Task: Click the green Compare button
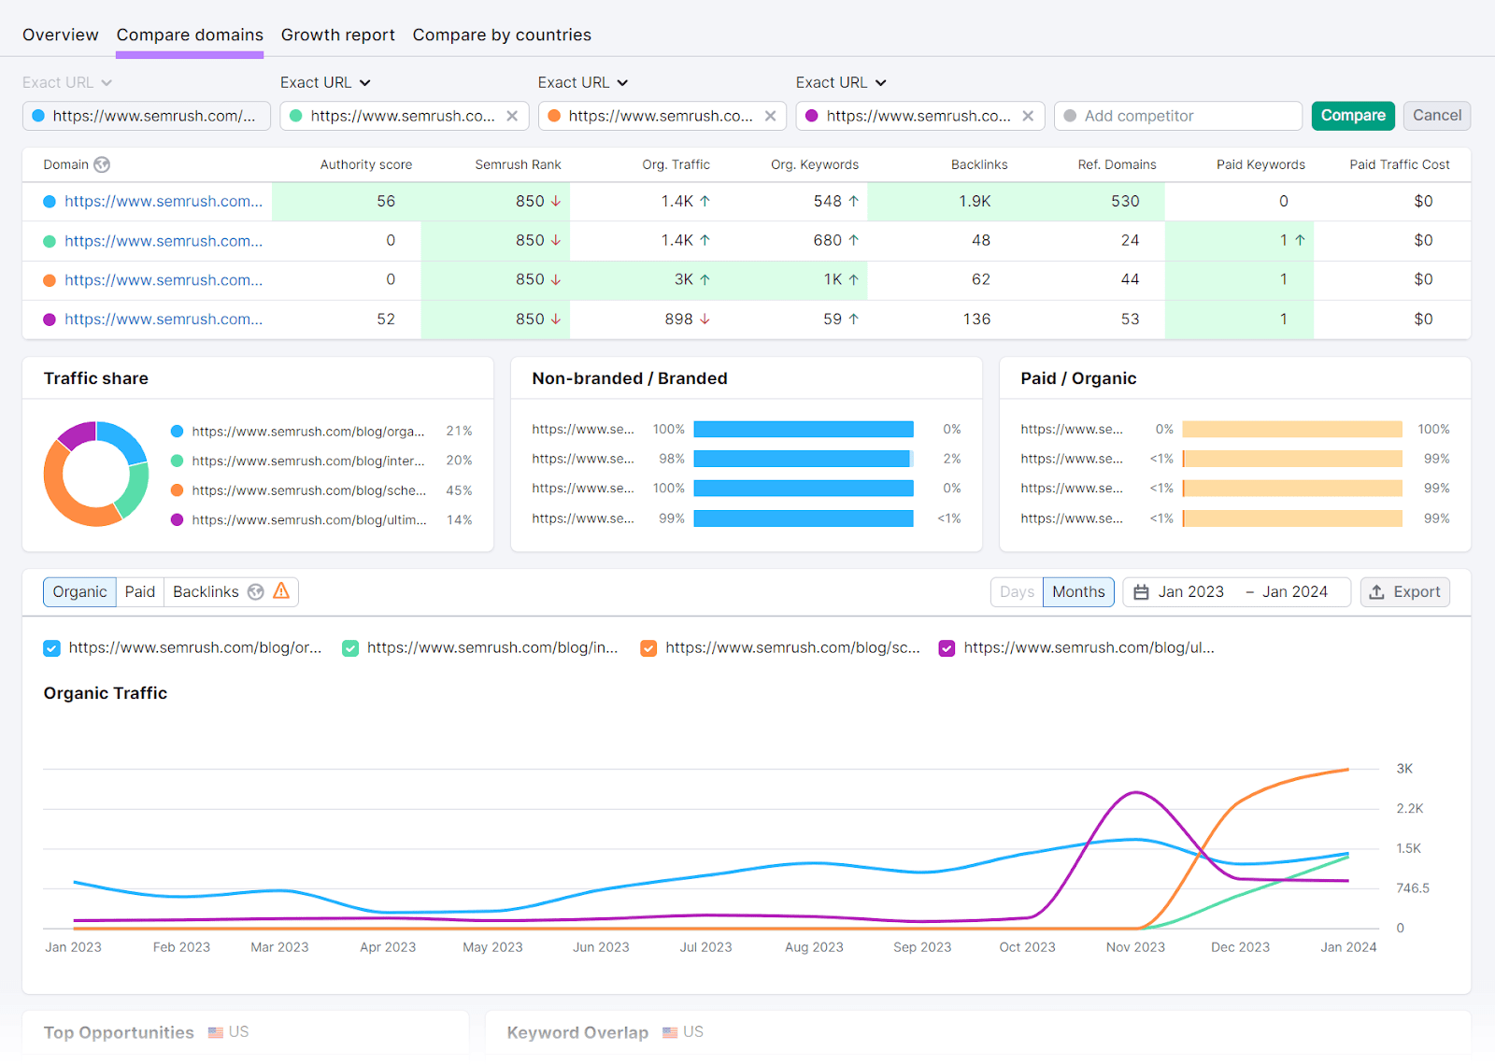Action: point(1352,116)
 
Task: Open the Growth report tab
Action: point(337,35)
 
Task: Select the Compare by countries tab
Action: point(502,35)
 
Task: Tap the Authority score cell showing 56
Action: point(386,201)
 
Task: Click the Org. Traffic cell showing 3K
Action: point(684,279)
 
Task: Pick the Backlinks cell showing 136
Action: point(976,319)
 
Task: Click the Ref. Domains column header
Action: point(1117,164)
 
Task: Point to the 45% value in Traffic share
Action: point(459,490)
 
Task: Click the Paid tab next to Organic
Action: point(140,592)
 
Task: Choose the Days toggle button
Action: point(1017,592)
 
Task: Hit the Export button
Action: point(1405,592)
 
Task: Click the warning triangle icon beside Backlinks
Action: point(281,591)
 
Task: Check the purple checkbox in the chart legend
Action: point(947,648)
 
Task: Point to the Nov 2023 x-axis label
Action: point(1135,947)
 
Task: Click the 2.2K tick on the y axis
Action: point(1409,809)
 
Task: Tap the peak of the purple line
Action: point(1135,793)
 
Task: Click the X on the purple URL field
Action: point(1028,116)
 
